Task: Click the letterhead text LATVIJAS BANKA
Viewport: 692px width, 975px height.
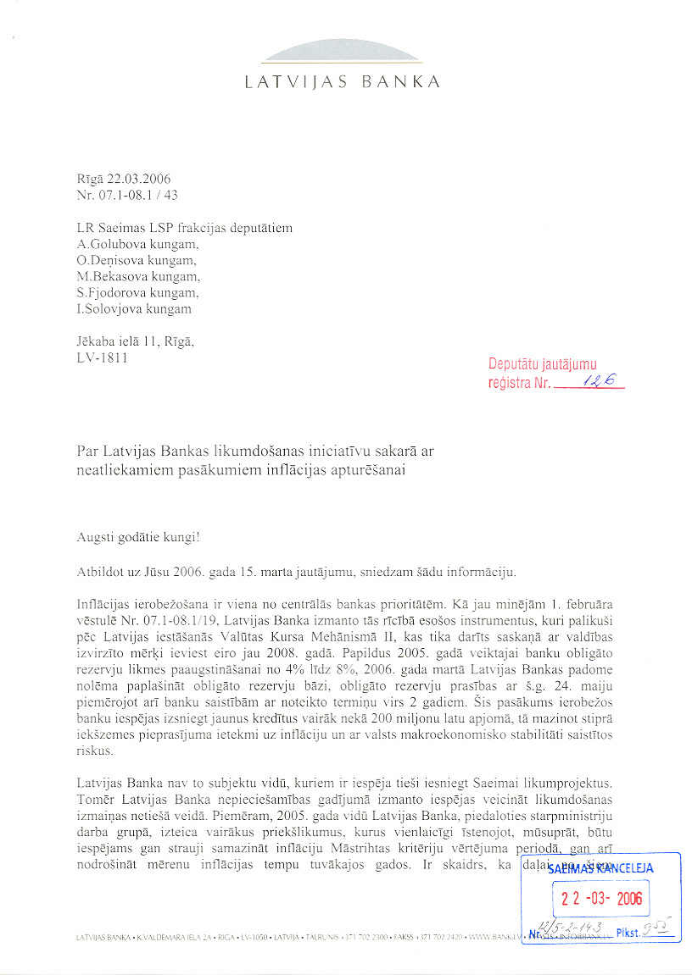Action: pyautogui.click(x=342, y=83)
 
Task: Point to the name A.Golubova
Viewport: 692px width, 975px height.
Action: pyautogui.click(x=110, y=243)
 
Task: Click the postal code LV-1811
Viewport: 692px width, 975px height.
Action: pyautogui.click(x=103, y=357)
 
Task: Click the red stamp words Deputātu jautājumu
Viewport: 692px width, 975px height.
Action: pyautogui.click(x=543, y=365)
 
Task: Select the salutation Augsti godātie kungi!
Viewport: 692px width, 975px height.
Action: pyautogui.click(x=138, y=537)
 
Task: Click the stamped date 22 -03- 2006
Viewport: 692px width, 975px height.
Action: pyautogui.click(x=603, y=898)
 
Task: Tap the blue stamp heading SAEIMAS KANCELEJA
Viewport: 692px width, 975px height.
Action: pyautogui.click(x=603, y=867)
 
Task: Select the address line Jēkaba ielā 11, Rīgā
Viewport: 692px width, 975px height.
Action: pyautogui.click(x=136, y=341)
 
